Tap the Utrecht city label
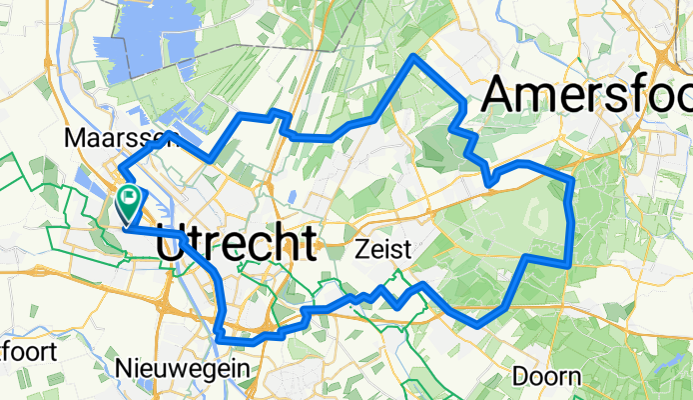[x=238, y=243]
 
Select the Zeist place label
[x=383, y=250]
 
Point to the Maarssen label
[x=105, y=136]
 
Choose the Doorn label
[x=546, y=377]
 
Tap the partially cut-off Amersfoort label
[x=587, y=96]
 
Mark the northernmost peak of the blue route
[x=414, y=57]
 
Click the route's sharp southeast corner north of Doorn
[x=569, y=264]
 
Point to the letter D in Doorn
[x=520, y=377]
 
